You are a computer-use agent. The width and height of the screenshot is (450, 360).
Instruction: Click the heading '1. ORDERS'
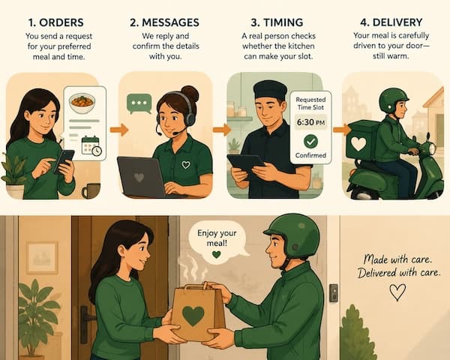pos(56,22)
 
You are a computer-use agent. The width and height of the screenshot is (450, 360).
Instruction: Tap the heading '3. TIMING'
pos(277,22)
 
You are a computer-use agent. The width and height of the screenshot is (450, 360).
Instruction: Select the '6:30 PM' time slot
pos(310,122)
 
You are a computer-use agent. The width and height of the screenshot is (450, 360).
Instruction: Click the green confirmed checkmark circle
pos(310,141)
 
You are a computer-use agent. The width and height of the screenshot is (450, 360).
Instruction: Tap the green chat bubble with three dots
pos(139,103)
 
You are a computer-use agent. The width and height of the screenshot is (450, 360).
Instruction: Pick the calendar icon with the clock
pos(91,145)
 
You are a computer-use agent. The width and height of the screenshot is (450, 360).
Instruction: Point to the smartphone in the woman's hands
pos(64,160)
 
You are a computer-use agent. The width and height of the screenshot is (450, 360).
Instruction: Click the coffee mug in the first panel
pos(91,191)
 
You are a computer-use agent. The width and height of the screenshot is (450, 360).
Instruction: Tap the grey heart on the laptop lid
pos(139,178)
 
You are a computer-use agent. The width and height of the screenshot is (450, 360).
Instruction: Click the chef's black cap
pos(270,89)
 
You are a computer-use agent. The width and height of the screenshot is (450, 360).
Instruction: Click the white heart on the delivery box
pos(358,144)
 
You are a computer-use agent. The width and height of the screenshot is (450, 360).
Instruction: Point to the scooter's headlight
pos(432,148)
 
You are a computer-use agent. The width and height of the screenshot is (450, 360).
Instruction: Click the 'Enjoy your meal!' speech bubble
pos(217,241)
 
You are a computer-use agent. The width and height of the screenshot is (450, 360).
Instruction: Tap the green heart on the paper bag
pos(193,316)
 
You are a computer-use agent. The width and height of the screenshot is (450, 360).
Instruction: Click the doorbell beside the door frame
pos(333,292)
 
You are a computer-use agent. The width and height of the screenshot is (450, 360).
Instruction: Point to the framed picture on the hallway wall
pos(42,257)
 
